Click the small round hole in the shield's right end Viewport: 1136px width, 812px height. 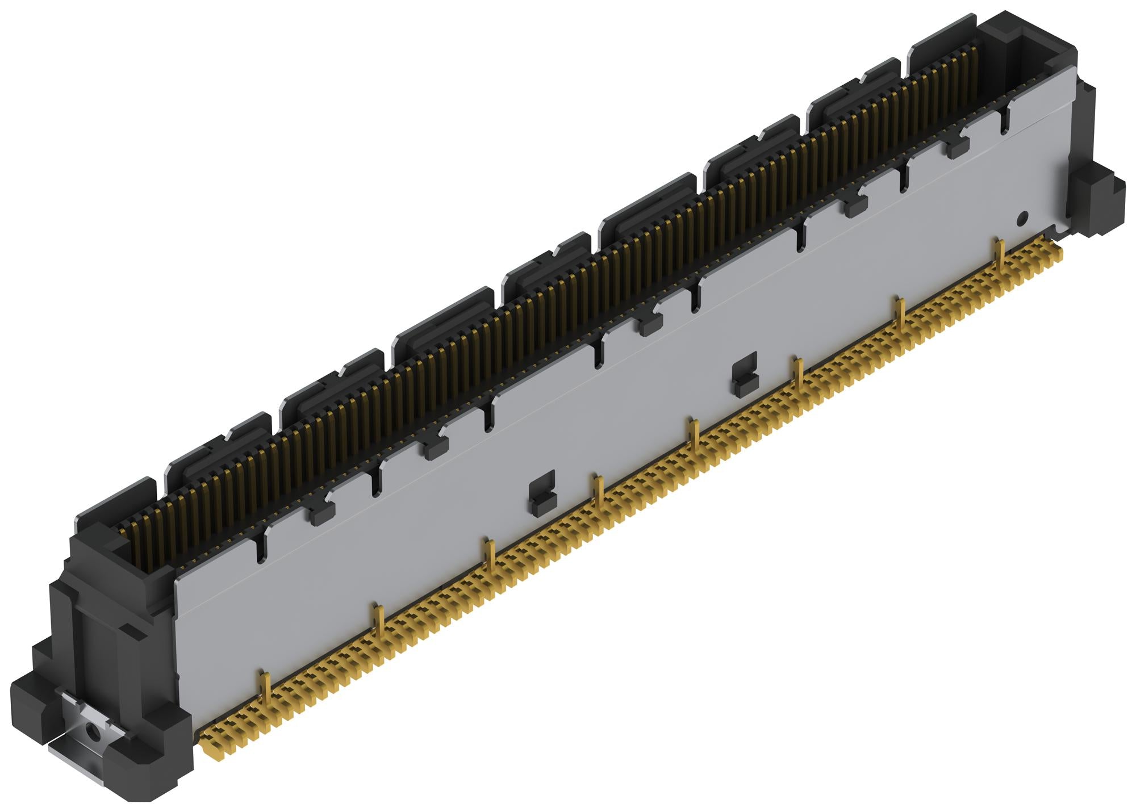coord(1023,217)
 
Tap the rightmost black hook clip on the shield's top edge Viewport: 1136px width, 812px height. coord(958,147)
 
